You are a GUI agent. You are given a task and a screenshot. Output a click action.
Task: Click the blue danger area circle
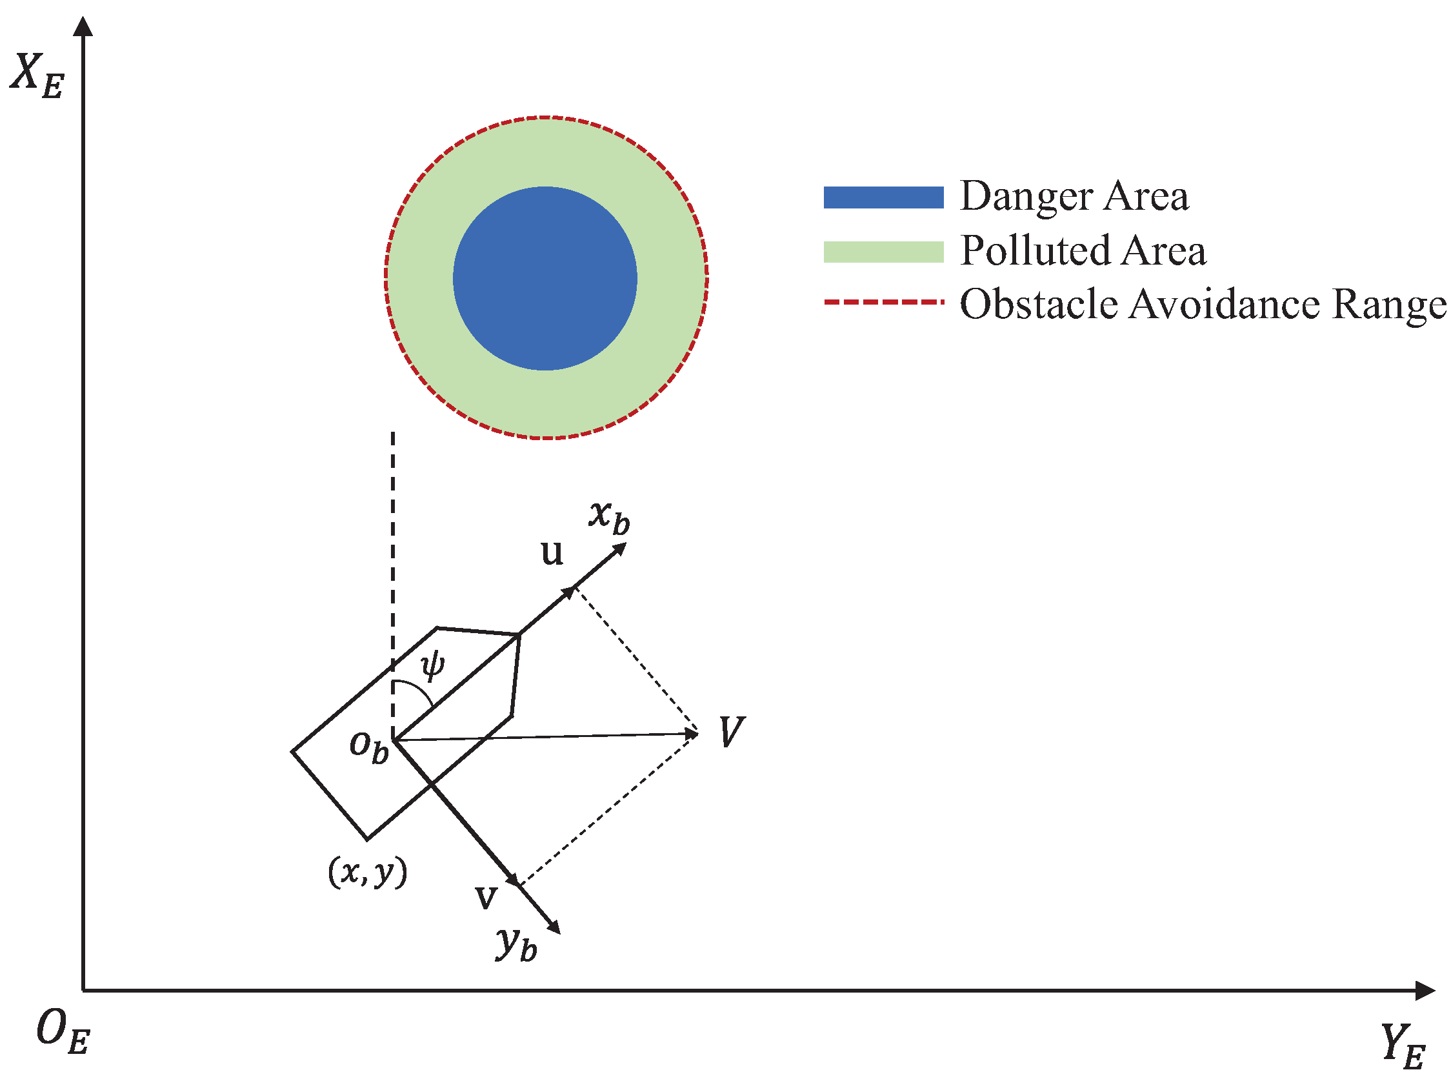(x=545, y=279)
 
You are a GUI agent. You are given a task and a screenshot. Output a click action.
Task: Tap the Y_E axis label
(x=1403, y=1046)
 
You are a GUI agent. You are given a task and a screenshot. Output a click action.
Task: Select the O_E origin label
(x=62, y=1031)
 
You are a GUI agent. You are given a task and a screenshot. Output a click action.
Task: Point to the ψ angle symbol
(x=432, y=666)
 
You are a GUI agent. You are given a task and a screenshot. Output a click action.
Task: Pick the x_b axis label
(x=609, y=516)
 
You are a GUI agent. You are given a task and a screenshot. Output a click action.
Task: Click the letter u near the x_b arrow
(x=552, y=553)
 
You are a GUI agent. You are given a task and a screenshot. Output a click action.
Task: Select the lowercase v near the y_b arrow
(x=486, y=897)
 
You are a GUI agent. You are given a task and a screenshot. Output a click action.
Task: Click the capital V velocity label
(x=732, y=732)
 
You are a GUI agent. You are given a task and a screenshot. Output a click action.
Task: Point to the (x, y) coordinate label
(x=368, y=873)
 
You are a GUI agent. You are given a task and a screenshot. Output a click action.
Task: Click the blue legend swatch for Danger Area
(x=883, y=197)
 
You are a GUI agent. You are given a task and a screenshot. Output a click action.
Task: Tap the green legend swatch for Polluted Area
(x=883, y=251)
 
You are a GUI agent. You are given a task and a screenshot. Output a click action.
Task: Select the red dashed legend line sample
(x=883, y=302)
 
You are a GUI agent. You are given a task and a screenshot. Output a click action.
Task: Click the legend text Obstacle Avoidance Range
(x=1203, y=304)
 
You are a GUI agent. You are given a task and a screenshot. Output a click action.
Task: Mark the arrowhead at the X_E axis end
(x=83, y=26)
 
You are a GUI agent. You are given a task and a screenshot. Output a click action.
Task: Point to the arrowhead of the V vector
(x=692, y=734)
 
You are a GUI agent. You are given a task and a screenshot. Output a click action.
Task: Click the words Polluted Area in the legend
(x=1083, y=250)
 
